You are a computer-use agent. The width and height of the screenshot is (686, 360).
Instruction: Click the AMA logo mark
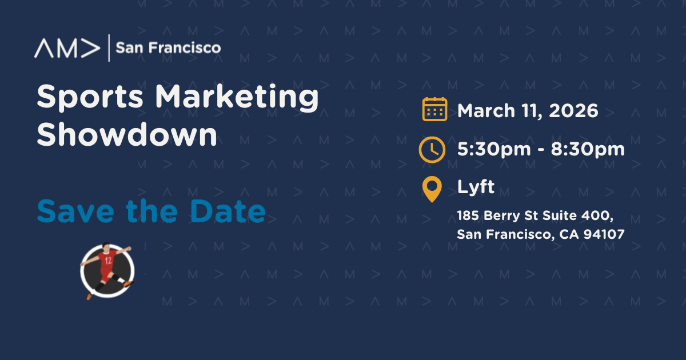pyautogui.click(x=67, y=48)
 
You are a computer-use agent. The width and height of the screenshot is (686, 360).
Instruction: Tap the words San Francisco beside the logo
pyautogui.click(x=168, y=48)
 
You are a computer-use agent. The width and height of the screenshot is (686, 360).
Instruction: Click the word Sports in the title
pyautogui.click(x=90, y=97)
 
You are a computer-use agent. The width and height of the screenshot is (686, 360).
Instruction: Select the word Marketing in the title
pyautogui.click(x=237, y=97)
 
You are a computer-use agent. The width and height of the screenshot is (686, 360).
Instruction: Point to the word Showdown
pyautogui.click(x=127, y=134)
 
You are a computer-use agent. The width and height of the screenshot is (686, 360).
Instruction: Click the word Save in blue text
pyautogui.click(x=75, y=211)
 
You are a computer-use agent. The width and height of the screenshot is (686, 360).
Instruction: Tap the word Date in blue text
pyautogui.click(x=228, y=211)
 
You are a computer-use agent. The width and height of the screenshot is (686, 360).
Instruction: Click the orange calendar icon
pyautogui.click(x=434, y=109)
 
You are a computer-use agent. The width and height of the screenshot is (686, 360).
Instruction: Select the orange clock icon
pyautogui.click(x=432, y=150)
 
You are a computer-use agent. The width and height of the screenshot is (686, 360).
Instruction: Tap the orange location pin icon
pyautogui.click(x=432, y=189)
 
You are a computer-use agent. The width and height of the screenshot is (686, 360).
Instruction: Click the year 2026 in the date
pyautogui.click(x=573, y=110)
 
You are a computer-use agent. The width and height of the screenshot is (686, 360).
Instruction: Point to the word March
pyautogui.click(x=486, y=110)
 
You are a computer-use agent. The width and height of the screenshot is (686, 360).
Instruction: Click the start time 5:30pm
pyautogui.click(x=494, y=150)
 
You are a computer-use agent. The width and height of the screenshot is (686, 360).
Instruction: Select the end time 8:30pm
pyautogui.click(x=588, y=150)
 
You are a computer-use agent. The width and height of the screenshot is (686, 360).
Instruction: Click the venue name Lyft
pyautogui.click(x=476, y=186)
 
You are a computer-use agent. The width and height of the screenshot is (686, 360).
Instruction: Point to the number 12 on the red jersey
pyautogui.click(x=108, y=261)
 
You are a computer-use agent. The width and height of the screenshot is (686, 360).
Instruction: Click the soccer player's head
pyautogui.click(x=106, y=246)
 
